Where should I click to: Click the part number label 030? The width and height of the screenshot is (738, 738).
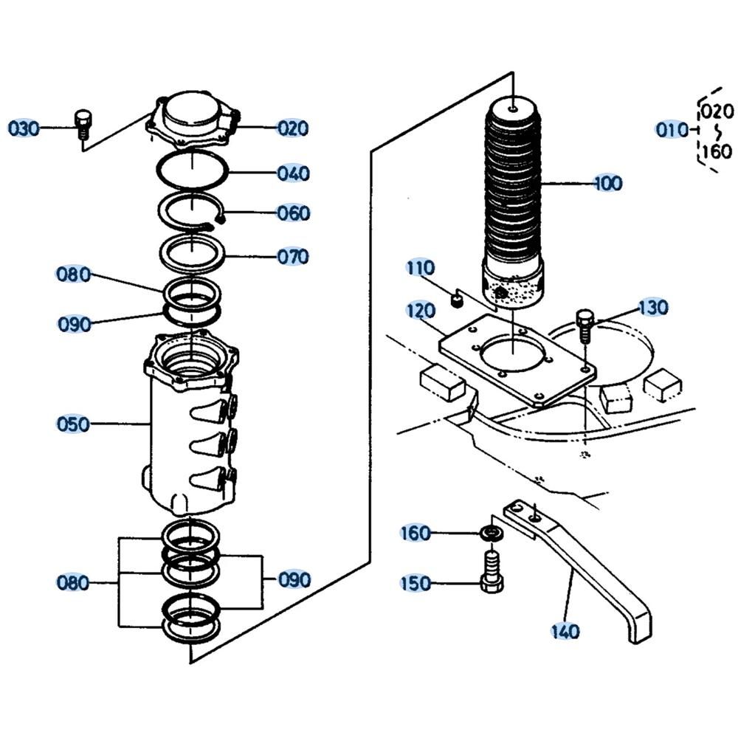click(x=23, y=128)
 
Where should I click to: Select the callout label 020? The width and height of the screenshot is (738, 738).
click(x=293, y=128)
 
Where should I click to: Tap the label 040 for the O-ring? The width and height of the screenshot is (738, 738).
click(x=293, y=173)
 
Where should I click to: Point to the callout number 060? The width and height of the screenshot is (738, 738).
click(x=293, y=213)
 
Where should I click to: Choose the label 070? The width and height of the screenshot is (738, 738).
click(x=293, y=257)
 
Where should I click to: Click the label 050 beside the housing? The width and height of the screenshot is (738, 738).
click(x=73, y=424)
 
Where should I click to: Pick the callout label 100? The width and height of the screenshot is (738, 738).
click(x=607, y=183)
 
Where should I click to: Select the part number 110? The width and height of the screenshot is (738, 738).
click(x=420, y=268)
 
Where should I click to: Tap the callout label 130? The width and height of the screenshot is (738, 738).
click(x=652, y=307)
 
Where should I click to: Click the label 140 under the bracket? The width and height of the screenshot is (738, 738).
click(x=565, y=631)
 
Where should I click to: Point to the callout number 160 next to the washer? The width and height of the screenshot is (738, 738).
click(x=415, y=532)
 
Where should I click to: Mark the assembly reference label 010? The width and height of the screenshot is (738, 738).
click(x=671, y=130)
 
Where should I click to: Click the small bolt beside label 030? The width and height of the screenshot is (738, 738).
click(x=83, y=123)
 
